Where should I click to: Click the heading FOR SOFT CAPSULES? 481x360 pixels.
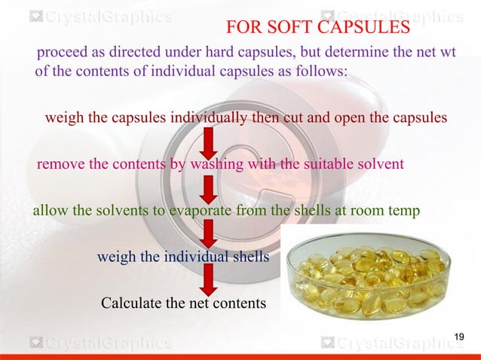[317, 28]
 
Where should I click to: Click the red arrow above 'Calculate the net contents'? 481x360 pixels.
[208, 279]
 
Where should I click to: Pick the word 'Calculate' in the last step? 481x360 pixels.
[131, 304]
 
